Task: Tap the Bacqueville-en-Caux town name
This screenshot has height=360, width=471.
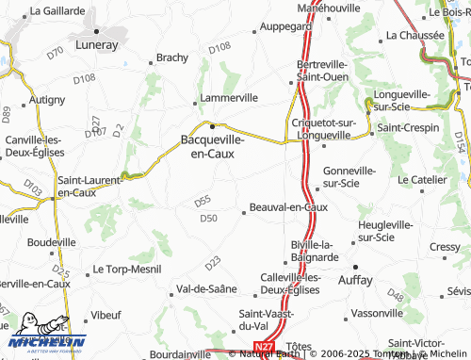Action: coord(213,144)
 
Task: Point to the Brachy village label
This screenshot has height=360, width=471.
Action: coord(172,57)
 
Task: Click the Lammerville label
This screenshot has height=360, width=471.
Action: coord(226,98)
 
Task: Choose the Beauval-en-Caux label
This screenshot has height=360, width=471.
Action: coord(288,206)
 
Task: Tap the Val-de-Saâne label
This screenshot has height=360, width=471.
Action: coord(206,289)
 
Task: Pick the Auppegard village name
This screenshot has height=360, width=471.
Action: coord(284,27)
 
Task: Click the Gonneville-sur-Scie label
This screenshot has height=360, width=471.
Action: coord(349,176)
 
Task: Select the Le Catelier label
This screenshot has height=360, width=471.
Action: coord(420,179)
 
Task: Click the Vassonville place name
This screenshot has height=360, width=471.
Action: coord(378,312)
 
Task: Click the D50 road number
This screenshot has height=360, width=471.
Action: coord(208,219)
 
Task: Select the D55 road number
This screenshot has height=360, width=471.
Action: coord(202,201)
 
